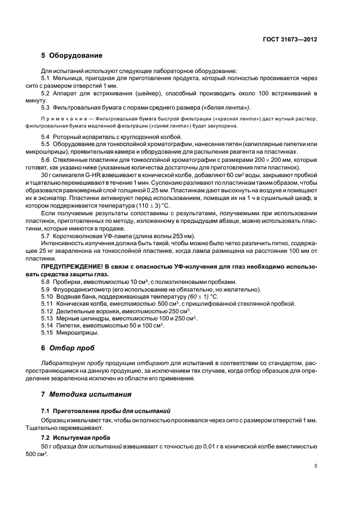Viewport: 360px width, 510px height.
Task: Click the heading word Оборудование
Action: [75, 56]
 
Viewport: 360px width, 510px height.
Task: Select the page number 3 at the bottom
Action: [316, 466]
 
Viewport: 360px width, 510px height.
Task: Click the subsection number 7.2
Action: [46, 438]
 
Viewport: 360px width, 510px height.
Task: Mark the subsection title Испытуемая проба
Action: [80, 438]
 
